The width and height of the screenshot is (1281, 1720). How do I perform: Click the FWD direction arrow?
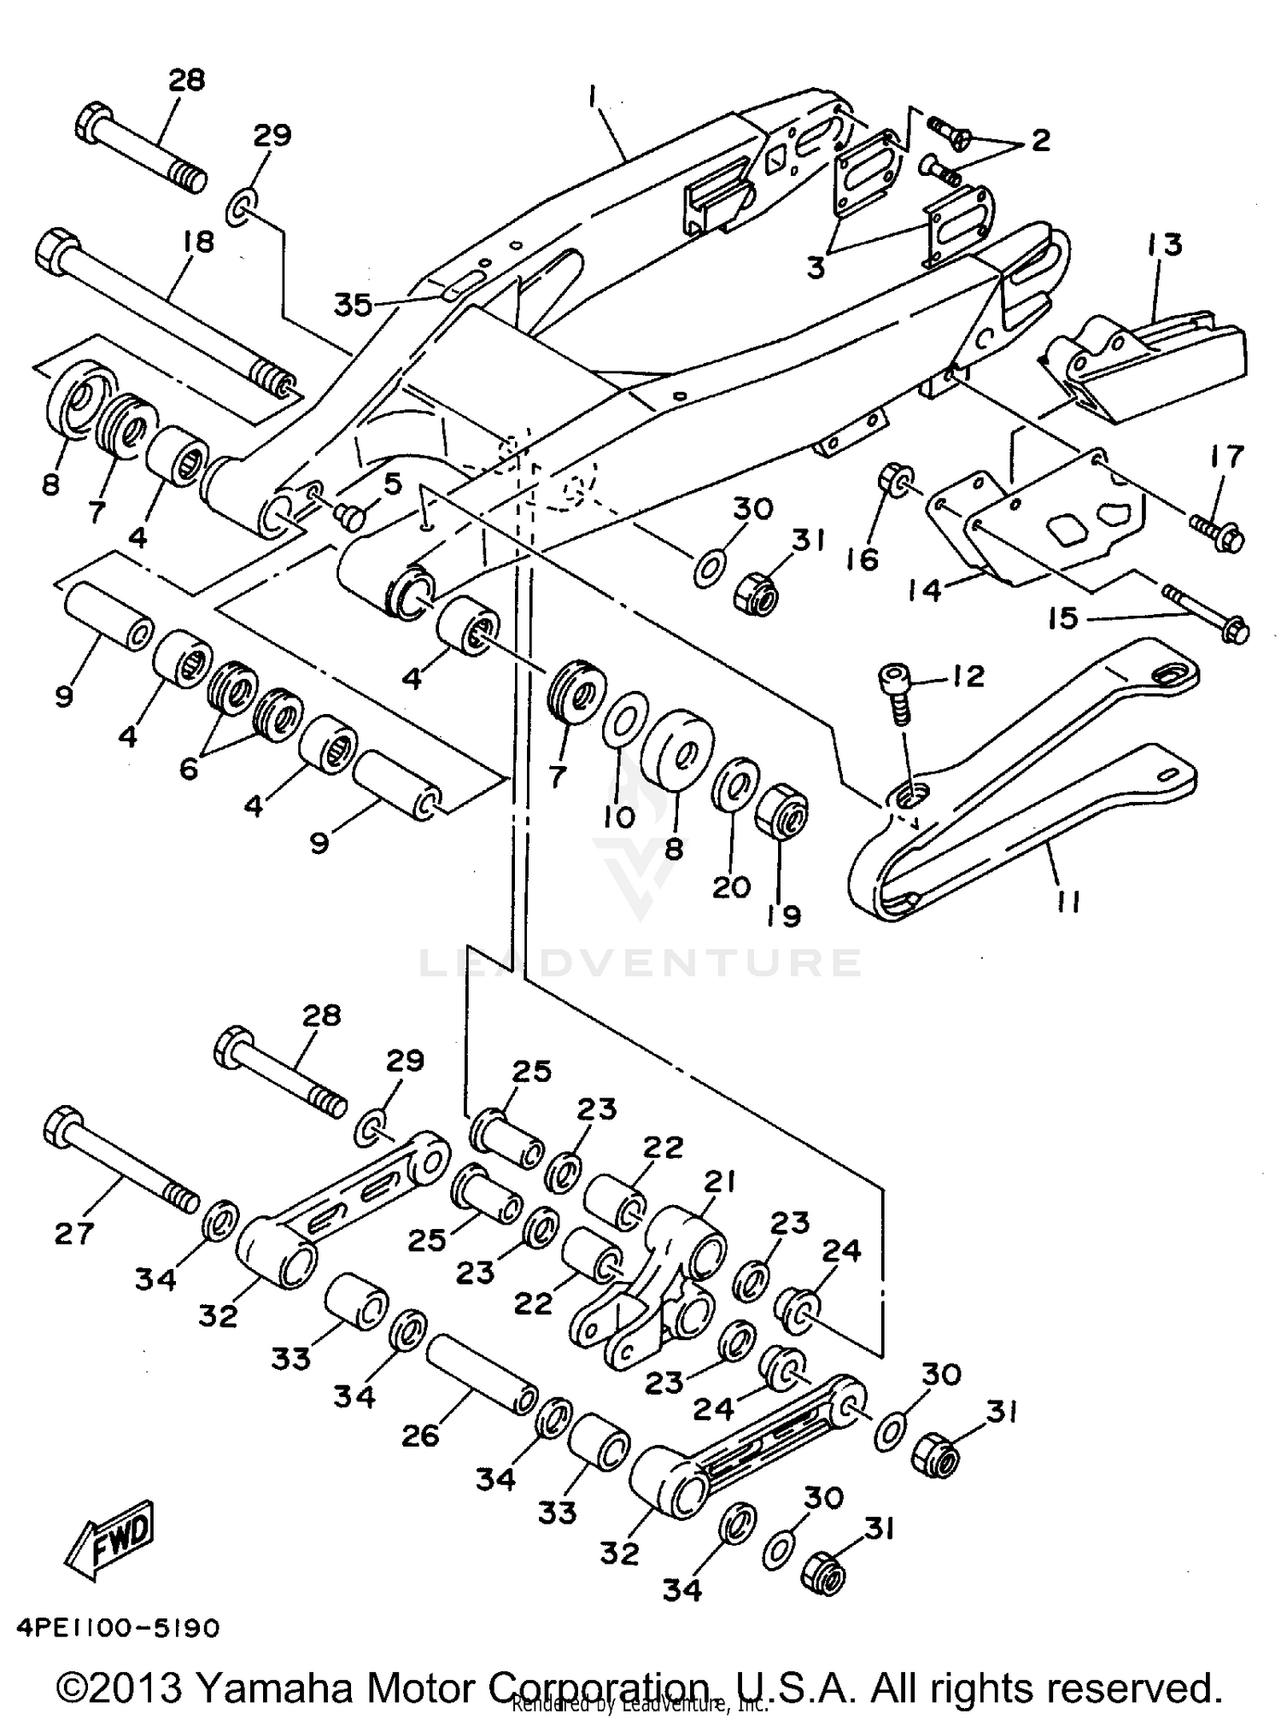tap(112, 1538)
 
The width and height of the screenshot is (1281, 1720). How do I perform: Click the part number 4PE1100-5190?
tap(117, 1629)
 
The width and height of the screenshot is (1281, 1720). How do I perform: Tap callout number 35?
tap(353, 305)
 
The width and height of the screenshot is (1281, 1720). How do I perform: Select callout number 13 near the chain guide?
tap(1165, 244)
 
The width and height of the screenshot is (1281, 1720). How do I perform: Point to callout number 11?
tap(1067, 900)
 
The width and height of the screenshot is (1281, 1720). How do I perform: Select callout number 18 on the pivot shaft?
tap(198, 241)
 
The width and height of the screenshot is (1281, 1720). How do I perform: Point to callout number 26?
tap(420, 1435)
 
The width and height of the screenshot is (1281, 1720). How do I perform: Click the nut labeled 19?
tap(782, 809)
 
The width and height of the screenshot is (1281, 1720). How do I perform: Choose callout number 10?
tap(619, 817)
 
